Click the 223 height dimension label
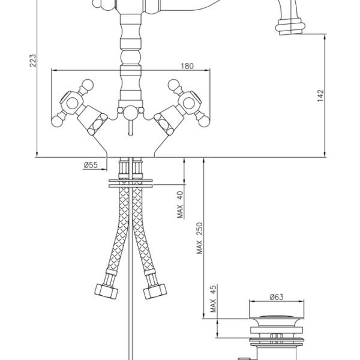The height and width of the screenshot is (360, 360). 33,61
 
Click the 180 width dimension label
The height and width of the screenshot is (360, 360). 187,66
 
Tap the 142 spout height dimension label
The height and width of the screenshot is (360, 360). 320,95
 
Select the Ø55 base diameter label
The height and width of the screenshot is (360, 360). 91,165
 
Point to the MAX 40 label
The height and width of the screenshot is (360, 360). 180,205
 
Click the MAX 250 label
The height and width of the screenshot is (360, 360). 200,238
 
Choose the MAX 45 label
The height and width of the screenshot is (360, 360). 213,299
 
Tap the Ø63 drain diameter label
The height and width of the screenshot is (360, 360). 277,297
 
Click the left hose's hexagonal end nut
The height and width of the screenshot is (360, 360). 106,292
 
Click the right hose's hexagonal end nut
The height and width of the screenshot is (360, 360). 155,292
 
